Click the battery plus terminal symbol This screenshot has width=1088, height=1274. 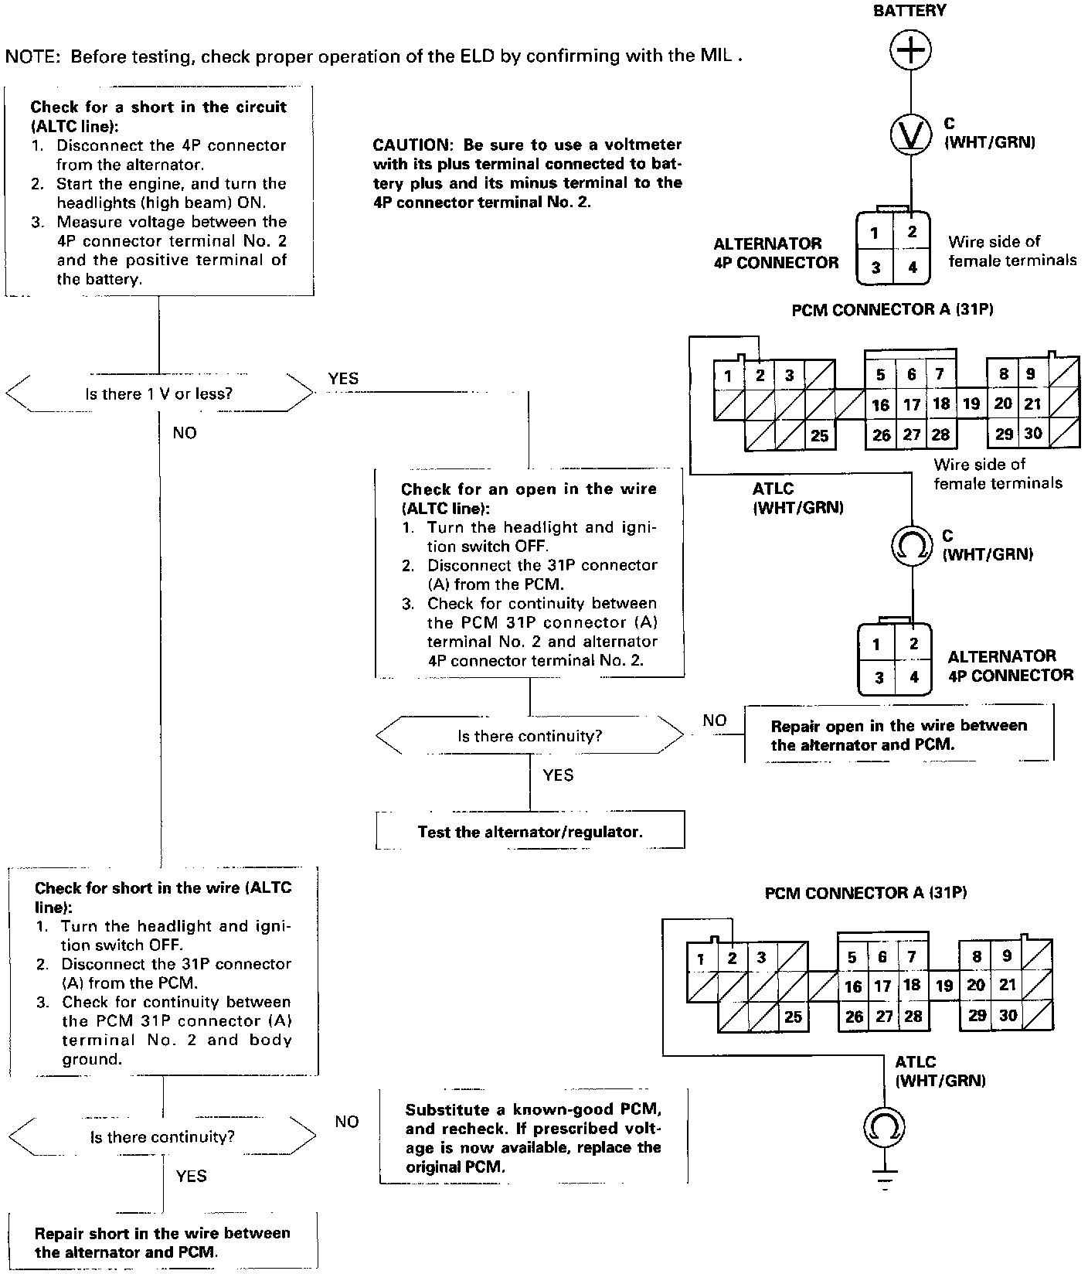point(910,50)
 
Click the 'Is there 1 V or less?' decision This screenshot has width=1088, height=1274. point(159,393)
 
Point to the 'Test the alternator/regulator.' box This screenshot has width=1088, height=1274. point(530,831)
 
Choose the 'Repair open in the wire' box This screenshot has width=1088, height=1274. point(899,734)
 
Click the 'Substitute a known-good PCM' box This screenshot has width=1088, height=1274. point(533,1137)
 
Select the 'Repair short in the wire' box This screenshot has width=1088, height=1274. point(162,1242)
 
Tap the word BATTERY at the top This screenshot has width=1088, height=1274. point(909,11)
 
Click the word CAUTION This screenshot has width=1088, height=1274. point(410,145)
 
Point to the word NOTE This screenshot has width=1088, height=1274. point(32,56)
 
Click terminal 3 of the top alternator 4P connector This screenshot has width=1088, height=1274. point(875,267)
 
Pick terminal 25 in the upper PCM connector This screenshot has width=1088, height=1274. point(819,436)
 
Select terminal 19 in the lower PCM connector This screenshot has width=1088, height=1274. point(944,986)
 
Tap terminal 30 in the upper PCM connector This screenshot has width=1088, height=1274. point(1033,434)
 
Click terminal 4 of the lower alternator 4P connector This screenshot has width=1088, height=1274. point(915,677)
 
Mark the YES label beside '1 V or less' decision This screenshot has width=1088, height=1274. point(343,378)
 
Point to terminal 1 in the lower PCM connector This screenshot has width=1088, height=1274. point(700,959)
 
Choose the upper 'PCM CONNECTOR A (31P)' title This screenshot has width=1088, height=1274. point(892,309)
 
